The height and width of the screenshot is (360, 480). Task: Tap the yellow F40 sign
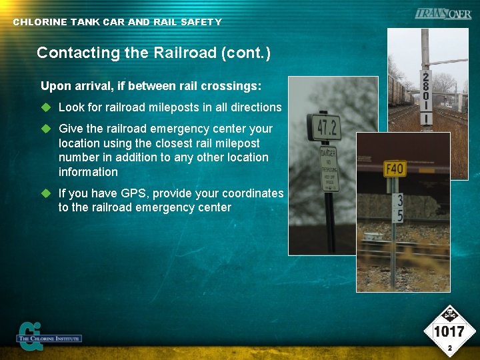[x=395, y=168]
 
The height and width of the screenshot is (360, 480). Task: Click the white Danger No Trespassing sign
[x=329, y=168]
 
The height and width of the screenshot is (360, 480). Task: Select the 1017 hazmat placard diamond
[x=449, y=331]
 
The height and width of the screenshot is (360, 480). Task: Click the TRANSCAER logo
[x=443, y=14]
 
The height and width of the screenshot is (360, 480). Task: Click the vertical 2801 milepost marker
[x=425, y=97]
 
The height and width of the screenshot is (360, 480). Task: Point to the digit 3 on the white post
[x=399, y=200]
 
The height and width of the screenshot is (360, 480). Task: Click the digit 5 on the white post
[x=399, y=215]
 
